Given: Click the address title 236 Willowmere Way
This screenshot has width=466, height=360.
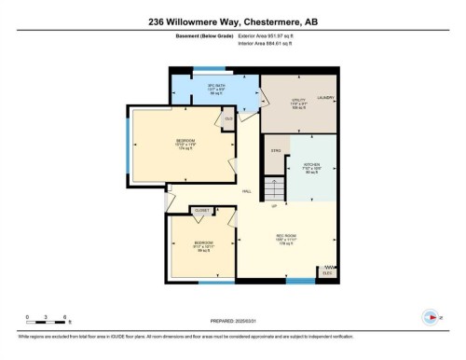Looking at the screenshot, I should [232, 21].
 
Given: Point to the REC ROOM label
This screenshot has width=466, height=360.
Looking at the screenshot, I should [284, 236].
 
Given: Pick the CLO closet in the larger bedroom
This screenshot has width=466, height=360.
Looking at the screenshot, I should [228, 118].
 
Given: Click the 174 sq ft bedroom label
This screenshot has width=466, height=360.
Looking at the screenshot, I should [182, 145].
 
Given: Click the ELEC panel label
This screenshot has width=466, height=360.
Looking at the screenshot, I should [326, 272].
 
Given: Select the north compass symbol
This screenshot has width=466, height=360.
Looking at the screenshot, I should [429, 315].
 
